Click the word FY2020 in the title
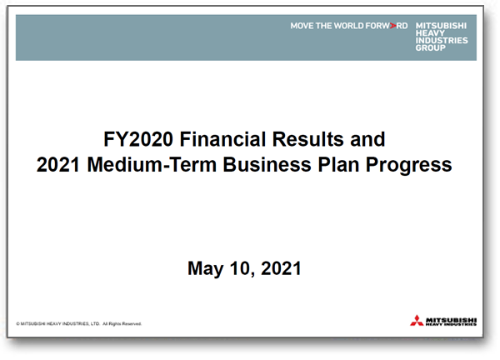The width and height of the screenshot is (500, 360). [x=138, y=139]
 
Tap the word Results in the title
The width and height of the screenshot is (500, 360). [x=307, y=139]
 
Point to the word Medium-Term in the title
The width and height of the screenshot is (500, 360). [x=152, y=164]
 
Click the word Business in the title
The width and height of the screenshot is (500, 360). [x=267, y=164]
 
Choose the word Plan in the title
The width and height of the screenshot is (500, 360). [x=338, y=164]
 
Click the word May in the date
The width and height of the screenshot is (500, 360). [x=205, y=269]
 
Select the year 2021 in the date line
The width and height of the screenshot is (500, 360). [x=281, y=268]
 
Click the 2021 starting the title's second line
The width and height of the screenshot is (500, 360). [x=58, y=164]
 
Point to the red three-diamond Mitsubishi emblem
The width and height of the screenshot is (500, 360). [x=417, y=321]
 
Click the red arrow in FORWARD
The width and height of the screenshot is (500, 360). [x=392, y=26]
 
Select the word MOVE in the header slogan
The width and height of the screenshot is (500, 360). [x=302, y=26]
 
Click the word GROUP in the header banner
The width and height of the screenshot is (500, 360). [x=431, y=47]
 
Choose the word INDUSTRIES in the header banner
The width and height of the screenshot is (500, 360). [x=442, y=41]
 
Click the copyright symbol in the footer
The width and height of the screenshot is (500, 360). [x=17, y=324]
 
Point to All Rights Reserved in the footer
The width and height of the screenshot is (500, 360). [x=122, y=324]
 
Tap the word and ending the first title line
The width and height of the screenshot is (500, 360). [x=367, y=139]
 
